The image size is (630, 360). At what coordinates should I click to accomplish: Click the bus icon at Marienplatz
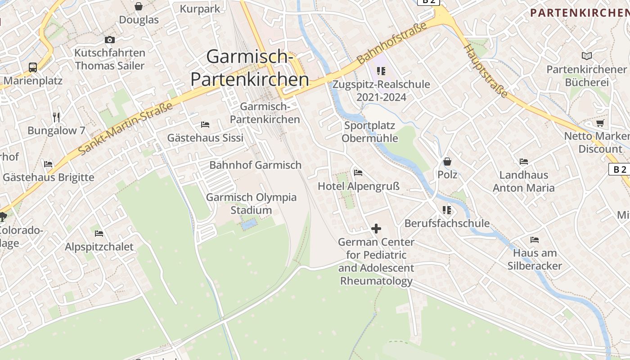click(33, 67)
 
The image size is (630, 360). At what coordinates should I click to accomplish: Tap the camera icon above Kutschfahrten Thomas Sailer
click(110, 40)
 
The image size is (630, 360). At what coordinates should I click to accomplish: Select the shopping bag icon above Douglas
click(139, 6)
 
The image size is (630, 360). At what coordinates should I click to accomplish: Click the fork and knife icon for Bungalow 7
click(56, 117)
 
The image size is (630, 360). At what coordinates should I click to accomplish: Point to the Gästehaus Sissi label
click(205, 137)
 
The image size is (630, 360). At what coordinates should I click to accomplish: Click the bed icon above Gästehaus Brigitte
click(48, 164)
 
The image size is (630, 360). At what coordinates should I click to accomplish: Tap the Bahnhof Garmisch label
click(255, 165)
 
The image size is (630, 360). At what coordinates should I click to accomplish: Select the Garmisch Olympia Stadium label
click(251, 203)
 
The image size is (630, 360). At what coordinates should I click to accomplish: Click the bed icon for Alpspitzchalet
click(99, 233)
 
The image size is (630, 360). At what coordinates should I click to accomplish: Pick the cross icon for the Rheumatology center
click(376, 229)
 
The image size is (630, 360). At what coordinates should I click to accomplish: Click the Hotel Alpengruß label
click(359, 186)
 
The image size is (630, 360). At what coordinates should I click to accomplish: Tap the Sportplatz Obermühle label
click(369, 131)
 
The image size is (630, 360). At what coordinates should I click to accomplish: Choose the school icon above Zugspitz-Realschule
click(381, 71)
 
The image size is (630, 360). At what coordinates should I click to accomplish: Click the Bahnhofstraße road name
click(391, 44)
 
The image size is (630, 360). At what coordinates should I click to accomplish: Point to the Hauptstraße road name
click(486, 71)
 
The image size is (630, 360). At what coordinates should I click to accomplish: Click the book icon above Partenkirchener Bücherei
click(586, 56)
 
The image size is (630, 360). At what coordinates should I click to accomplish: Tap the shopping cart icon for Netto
click(600, 123)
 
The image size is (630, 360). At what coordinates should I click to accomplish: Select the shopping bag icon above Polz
click(447, 161)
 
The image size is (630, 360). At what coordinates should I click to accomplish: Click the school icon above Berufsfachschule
click(447, 210)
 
